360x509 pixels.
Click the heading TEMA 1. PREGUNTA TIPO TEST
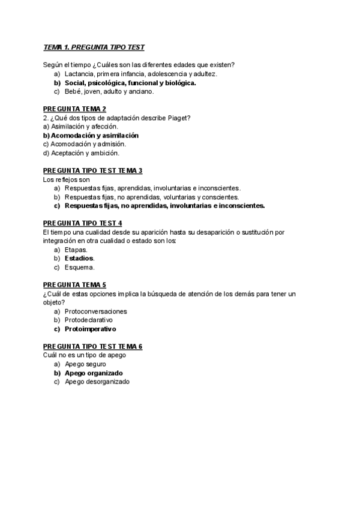[x=94, y=47]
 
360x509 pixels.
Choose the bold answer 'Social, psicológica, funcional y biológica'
[x=130, y=83]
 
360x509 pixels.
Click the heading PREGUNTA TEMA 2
[x=75, y=109]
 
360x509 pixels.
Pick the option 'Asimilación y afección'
[x=81, y=127]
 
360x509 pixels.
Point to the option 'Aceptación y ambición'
[x=81, y=153]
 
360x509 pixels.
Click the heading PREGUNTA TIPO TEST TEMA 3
[x=93, y=170]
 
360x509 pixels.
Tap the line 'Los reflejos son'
[x=67, y=179]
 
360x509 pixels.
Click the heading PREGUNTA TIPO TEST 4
[x=83, y=223]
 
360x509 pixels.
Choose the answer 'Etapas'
[x=76, y=249]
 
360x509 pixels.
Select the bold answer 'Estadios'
[x=79, y=258]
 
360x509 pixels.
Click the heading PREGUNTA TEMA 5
[x=75, y=285]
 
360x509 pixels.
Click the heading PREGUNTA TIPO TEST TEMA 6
[x=93, y=346]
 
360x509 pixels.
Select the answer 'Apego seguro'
[x=86, y=364]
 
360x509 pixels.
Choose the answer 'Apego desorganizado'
[x=97, y=382]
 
